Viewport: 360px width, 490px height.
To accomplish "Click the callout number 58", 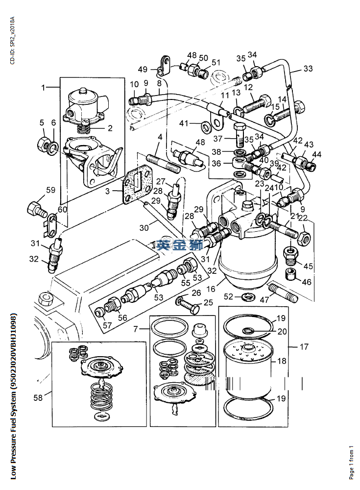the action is [x=38, y=398].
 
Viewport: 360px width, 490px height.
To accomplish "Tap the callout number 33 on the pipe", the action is [x=308, y=69].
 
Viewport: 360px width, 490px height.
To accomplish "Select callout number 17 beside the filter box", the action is [x=304, y=346].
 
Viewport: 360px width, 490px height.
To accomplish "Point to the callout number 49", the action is [x=143, y=69].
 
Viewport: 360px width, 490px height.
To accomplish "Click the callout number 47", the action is [x=264, y=300].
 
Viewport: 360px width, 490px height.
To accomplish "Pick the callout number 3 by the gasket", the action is [x=107, y=191].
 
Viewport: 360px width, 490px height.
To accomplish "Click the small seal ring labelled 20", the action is [x=249, y=330].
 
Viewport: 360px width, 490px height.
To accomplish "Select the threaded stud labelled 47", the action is [x=283, y=292].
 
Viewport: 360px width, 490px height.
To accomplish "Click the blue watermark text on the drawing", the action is [x=180, y=244].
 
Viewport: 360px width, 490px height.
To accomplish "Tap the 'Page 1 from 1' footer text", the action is [x=351, y=463].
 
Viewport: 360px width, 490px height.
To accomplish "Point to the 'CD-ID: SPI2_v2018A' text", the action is [x=12, y=41].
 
